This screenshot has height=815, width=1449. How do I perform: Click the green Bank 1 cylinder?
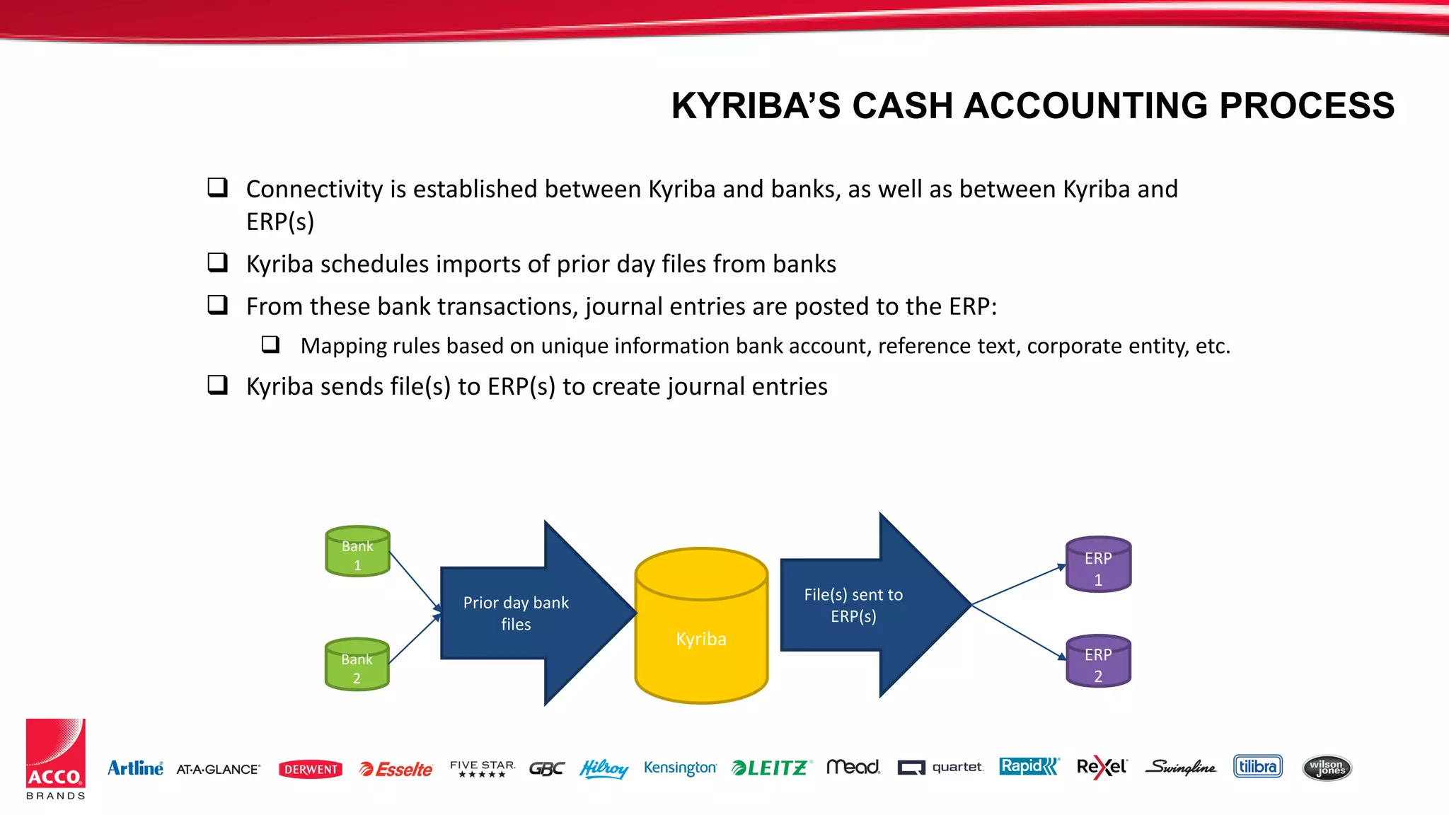357,552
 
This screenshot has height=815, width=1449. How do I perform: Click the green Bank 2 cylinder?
357,665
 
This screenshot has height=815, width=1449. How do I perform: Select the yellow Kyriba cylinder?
701,630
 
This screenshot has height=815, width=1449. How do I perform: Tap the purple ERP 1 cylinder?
1098,565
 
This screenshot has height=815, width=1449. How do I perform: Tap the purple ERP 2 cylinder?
1098,662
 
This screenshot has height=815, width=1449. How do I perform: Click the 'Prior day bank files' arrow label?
516,613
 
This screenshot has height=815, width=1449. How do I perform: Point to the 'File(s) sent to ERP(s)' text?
853,606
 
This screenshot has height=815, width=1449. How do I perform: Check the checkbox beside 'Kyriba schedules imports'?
217,262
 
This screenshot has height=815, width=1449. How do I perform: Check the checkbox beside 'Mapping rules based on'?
270,345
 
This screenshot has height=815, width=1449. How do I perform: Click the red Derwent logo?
311,769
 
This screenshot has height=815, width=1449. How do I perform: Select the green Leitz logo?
770,768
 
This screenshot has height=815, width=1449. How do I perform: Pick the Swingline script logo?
1180,768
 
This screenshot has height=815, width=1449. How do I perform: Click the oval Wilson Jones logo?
1327,768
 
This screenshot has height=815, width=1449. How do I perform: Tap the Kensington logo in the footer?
680,768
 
